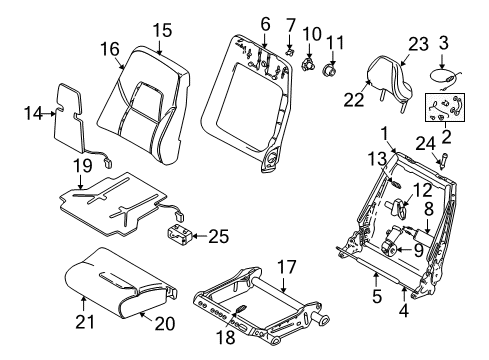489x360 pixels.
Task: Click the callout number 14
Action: click(x=33, y=113)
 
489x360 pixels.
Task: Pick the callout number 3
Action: click(x=445, y=42)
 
